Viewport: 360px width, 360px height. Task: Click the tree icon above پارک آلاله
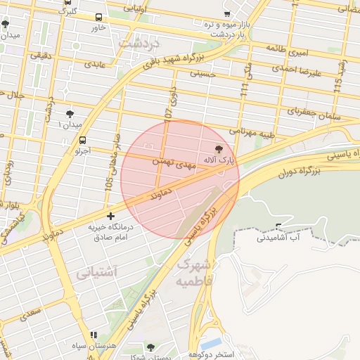218,149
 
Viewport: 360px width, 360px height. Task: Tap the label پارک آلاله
218,161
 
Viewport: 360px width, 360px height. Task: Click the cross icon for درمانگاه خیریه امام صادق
110,216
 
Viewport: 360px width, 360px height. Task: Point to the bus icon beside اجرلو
83,140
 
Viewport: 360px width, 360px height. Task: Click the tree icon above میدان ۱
70,113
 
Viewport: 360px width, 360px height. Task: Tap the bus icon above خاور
98,17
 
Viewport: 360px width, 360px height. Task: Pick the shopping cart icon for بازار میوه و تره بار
226,13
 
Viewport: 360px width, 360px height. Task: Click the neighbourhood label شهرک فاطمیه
193,273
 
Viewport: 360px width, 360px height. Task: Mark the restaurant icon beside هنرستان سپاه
94,335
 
